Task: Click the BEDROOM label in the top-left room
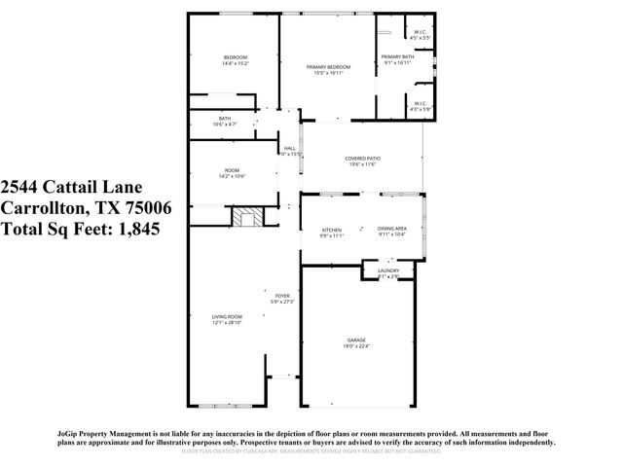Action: pos(235,57)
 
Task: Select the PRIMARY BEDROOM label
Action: pos(328,66)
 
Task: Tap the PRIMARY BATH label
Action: pos(398,58)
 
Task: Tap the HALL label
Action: pos(289,148)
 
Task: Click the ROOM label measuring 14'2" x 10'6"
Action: pos(233,171)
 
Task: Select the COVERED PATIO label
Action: pos(361,159)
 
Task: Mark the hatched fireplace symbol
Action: pos(246,216)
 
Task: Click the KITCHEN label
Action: pos(332,230)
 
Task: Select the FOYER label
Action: pos(282,296)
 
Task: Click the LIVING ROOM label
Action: pos(228,316)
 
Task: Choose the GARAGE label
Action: pos(356,341)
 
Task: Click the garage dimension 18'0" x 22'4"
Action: pos(356,346)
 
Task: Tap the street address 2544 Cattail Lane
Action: pos(73,187)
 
